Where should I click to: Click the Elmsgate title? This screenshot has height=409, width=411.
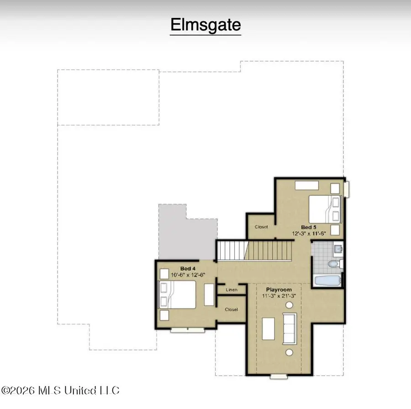pos(205,25)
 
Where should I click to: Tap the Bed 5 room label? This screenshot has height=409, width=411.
pos(309,227)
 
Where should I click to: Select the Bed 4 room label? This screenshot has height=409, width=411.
pos(188,268)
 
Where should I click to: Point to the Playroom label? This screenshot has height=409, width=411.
pos(279,289)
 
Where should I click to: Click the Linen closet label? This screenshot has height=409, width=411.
pos(232,290)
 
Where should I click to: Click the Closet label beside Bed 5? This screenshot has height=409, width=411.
pos(261,227)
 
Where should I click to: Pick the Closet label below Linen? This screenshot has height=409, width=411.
pos(232,309)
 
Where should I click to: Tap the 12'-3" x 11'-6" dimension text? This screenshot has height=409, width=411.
pos(309,233)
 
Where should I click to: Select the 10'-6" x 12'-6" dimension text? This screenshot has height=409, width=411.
pos(188,275)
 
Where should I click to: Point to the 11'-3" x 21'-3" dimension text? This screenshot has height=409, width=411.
pos(279,296)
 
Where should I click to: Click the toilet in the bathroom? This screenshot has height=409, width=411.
pos(335,263)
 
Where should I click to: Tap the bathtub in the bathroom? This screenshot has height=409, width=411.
pos(327,281)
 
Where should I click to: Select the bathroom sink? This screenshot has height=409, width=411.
pos(338,248)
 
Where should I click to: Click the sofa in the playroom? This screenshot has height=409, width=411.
pos(290,329)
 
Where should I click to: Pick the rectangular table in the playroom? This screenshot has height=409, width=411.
pos(269,329)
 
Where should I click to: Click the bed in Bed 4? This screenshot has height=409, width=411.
pos(178,294)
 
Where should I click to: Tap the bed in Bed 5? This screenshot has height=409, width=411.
pos(325,209)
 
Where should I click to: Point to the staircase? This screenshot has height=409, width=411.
pos(255,251)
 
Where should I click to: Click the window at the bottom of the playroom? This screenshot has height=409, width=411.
pos(279,377)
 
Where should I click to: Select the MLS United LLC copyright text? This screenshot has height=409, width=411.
pos(60,390)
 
